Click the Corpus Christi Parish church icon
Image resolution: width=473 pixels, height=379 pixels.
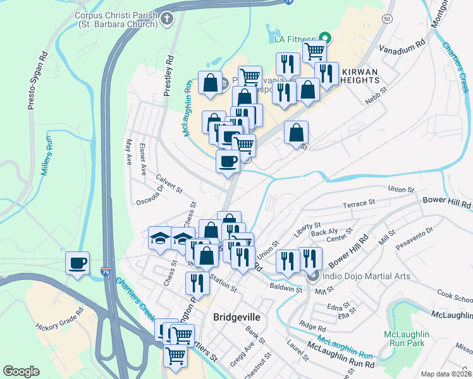[x=168, y=18]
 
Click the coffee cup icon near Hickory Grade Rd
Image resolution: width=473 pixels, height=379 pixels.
[x=77, y=263]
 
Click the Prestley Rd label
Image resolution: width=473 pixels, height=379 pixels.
[x=168, y=75]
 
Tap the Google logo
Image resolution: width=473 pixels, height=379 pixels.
[x=21, y=371]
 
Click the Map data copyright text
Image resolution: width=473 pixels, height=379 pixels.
[x=446, y=374]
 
